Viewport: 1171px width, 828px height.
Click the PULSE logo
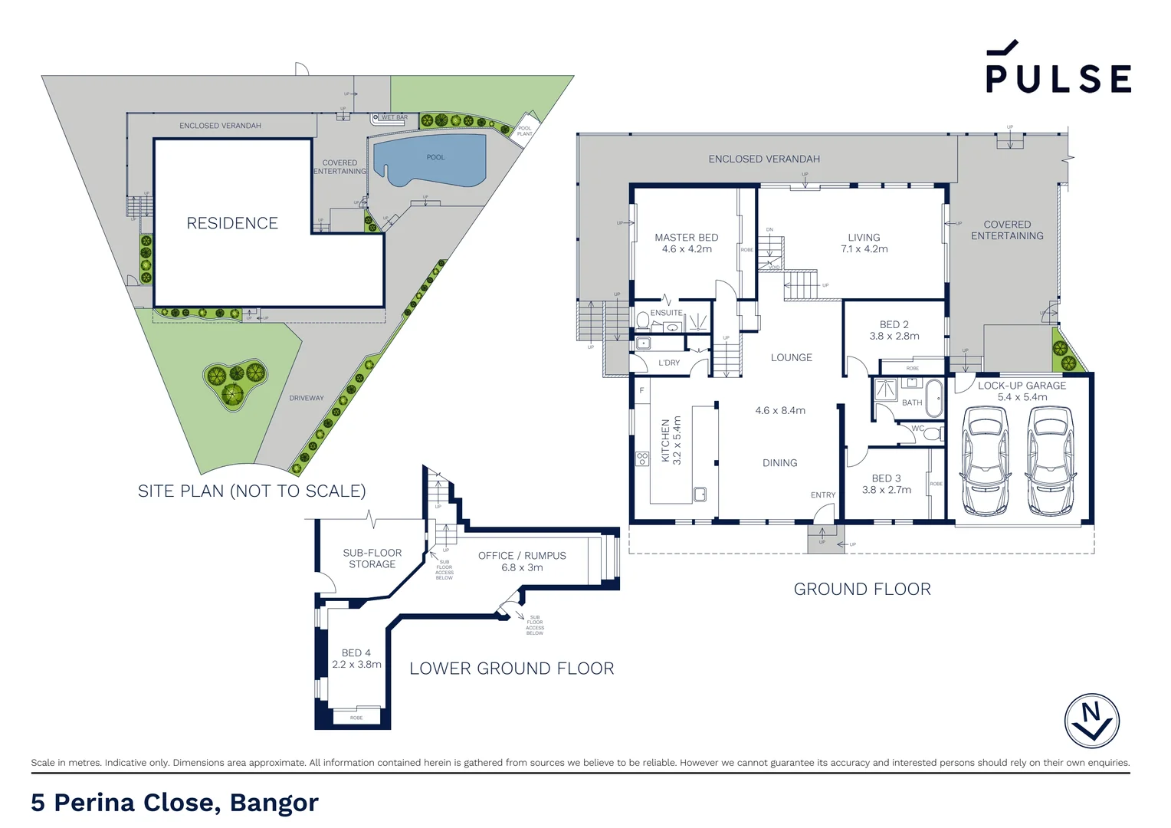click(1058, 69)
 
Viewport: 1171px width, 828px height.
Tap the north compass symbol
click(1091, 721)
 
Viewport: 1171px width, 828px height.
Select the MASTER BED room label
click(687, 238)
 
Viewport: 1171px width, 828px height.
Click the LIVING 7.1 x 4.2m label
click(864, 243)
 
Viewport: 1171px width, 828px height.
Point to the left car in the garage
click(985, 461)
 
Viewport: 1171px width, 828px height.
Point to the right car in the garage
click(1049, 461)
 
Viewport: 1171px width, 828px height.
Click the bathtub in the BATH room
click(934, 397)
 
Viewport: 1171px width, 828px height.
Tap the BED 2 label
click(894, 325)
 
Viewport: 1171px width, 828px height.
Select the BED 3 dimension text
click(887, 490)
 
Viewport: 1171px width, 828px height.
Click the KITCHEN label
click(666, 441)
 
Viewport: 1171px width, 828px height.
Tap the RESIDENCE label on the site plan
click(232, 223)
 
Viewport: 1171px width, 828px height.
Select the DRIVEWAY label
click(307, 398)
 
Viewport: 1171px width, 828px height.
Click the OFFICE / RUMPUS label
click(522, 556)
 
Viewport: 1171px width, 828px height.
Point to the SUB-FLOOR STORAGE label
click(372, 558)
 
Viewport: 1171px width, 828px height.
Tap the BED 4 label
click(356, 653)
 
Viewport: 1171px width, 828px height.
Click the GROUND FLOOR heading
click(862, 589)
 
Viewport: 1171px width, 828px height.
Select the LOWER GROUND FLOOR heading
click(511, 669)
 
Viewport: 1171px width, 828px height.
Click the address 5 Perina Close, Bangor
click(175, 802)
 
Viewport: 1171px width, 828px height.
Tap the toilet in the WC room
click(931, 434)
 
